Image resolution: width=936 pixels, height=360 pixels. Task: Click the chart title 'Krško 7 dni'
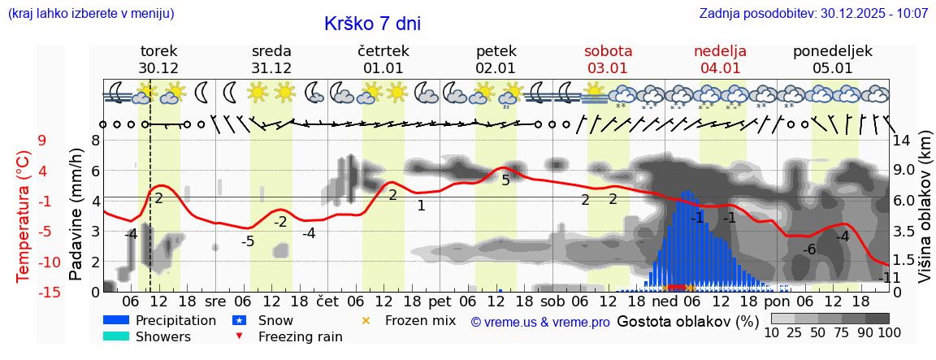click(372, 24)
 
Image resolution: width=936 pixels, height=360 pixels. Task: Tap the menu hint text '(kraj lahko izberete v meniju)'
click(91, 14)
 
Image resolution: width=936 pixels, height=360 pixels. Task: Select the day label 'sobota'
click(608, 51)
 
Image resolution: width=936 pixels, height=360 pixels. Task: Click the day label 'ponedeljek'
click(833, 51)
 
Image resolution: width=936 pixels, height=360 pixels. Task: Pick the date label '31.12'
click(271, 68)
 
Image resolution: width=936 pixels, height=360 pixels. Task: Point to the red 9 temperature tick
click(41, 141)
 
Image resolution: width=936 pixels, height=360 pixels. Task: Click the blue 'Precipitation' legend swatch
click(116, 321)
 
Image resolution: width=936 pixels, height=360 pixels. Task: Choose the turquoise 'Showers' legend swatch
click(116, 336)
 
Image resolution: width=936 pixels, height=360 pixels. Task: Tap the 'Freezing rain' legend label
click(300, 336)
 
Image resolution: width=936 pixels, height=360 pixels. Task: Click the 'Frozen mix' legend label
click(420, 321)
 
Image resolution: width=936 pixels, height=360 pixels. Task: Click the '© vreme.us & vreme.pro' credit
click(540, 323)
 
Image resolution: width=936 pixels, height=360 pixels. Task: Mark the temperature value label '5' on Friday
click(505, 180)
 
